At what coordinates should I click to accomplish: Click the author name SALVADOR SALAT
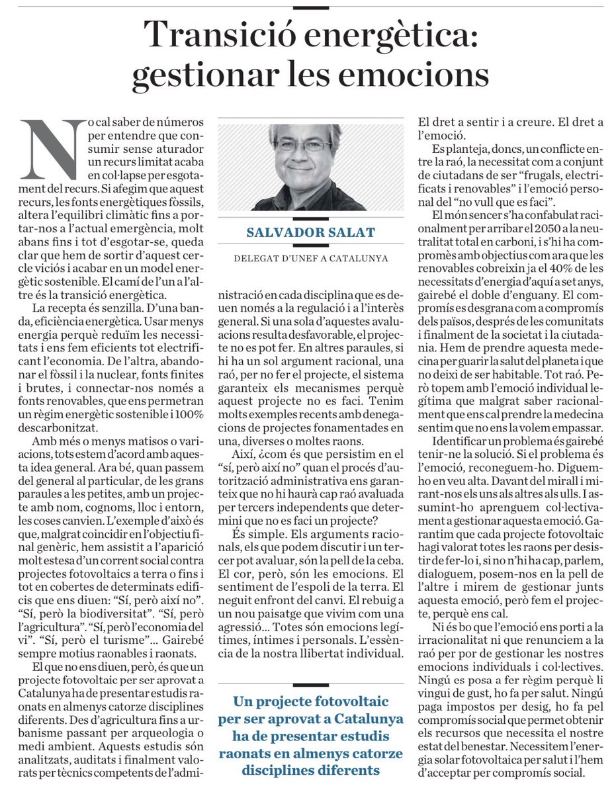[x=311, y=233]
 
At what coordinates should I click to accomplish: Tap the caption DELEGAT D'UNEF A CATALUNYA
[x=311, y=258]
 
